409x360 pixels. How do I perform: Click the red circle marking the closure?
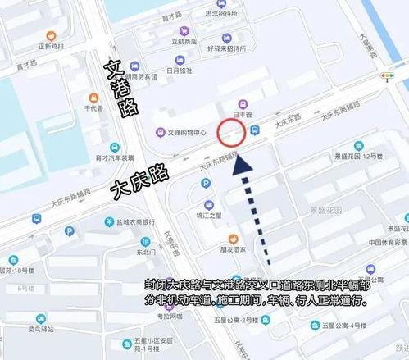231,132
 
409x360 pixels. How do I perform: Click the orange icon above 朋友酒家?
233,235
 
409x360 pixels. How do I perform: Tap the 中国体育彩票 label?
389,242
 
